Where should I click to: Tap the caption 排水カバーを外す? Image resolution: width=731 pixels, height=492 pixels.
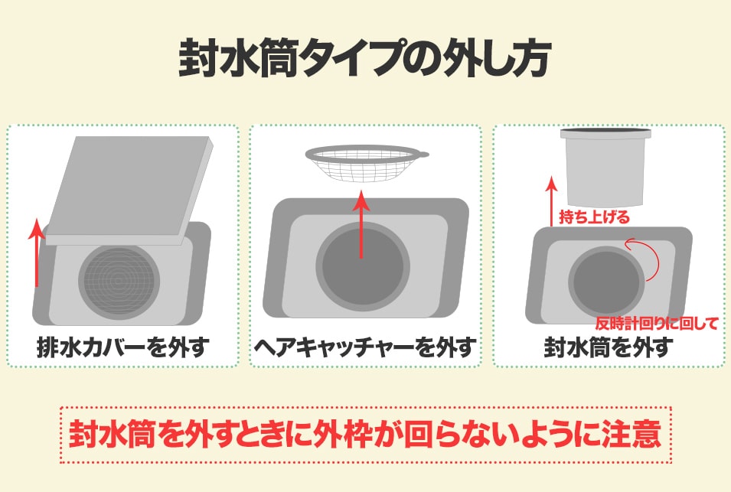pyautogui.click(x=123, y=347)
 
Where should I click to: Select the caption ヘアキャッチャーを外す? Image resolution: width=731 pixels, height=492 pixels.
pyautogui.click(x=365, y=347)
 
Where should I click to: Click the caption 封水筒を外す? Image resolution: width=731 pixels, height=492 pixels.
pyautogui.click(x=609, y=347)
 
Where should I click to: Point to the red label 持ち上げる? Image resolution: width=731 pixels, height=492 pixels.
pyautogui.click(x=594, y=217)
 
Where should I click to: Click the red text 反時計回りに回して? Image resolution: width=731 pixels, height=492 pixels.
pyautogui.click(x=657, y=323)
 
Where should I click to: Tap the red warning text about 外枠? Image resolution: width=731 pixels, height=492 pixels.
pyautogui.click(x=365, y=434)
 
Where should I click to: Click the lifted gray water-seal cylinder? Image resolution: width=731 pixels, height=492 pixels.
pyautogui.click(x=605, y=167)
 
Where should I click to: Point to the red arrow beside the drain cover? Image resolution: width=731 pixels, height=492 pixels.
pyautogui.click(x=37, y=253)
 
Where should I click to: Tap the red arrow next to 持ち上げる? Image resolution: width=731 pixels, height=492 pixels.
pyautogui.click(x=552, y=201)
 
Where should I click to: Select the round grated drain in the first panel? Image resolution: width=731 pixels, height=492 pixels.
pyautogui.click(x=119, y=279)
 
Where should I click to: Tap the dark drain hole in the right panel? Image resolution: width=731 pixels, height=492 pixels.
pyautogui.click(x=606, y=282)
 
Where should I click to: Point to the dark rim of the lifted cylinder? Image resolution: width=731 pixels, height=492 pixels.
pyautogui.click(x=605, y=132)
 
